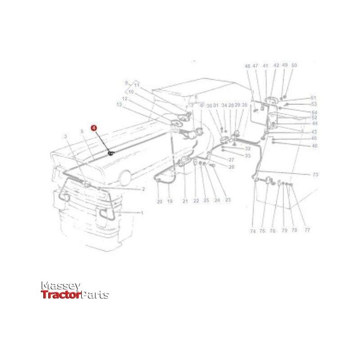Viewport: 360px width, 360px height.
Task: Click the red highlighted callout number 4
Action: tap(94, 128)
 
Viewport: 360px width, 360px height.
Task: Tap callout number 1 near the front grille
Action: tap(142, 212)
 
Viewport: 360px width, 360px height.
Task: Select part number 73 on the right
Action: tap(315, 174)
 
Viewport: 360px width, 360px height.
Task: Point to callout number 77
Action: tap(307, 230)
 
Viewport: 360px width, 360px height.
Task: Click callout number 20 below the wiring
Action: tap(159, 201)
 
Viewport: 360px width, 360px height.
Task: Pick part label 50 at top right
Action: tap(294, 65)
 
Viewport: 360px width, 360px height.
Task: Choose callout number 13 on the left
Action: tap(119, 104)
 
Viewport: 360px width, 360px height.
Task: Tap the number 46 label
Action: tap(315, 146)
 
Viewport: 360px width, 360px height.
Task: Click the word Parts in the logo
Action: tap(94, 295)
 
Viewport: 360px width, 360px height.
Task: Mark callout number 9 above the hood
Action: tap(126, 82)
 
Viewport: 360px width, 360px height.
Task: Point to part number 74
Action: tap(253, 231)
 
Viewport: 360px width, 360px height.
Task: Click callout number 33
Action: tap(247, 156)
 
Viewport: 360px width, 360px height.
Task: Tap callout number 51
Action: tap(314, 98)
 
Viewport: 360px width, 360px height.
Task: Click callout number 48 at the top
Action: tap(247, 66)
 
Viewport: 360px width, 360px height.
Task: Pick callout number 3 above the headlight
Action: tap(65, 136)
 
